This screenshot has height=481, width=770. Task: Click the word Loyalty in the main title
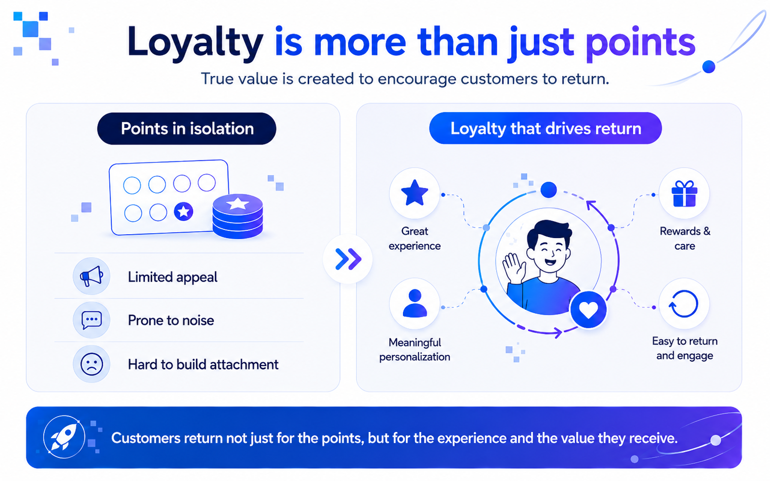click(195, 44)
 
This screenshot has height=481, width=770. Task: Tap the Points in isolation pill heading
click(186, 129)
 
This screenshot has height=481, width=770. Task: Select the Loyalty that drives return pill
click(546, 128)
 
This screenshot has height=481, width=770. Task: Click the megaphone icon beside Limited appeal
click(91, 276)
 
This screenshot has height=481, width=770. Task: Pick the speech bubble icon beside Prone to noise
click(91, 320)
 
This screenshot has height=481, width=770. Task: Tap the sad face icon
click(91, 364)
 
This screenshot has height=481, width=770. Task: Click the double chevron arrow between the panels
click(348, 259)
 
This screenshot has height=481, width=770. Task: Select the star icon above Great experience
click(415, 192)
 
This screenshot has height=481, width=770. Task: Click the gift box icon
click(685, 193)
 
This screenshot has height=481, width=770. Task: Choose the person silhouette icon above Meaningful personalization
click(415, 303)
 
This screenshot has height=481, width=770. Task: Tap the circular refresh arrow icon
click(684, 304)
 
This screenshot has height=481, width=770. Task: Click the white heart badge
click(588, 310)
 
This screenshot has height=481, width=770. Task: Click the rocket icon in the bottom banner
click(64, 437)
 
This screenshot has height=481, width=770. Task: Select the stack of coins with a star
click(237, 216)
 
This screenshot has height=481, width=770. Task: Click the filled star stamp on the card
click(184, 211)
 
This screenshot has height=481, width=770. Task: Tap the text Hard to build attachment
click(203, 365)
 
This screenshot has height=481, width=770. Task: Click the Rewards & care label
click(685, 238)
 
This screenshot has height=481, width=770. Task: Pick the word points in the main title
click(640, 44)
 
